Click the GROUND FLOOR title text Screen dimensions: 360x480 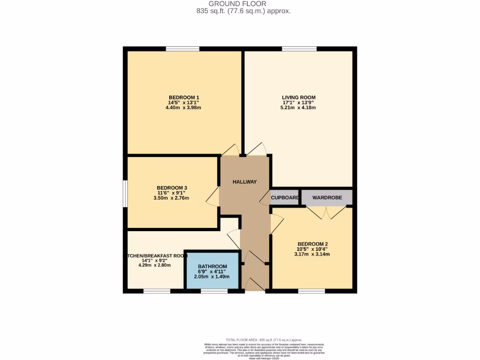(244, 4)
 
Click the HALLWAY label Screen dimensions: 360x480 (245, 182)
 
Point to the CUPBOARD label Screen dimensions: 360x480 (285, 198)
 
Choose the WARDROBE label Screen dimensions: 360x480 (326, 198)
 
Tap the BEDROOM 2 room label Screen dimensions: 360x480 (312, 244)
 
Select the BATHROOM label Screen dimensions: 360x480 (212, 267)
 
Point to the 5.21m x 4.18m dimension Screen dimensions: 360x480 (299, 108)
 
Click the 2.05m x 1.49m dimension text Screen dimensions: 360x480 (212, 277)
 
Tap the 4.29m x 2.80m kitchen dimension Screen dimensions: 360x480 (155, 265)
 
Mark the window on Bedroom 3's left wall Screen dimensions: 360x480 (125, 193)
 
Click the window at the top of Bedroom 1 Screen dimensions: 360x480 (182, 49)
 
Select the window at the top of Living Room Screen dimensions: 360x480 (299, 49)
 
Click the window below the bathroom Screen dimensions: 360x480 (214, 291)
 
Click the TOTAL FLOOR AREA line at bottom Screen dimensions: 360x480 (264, 339)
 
